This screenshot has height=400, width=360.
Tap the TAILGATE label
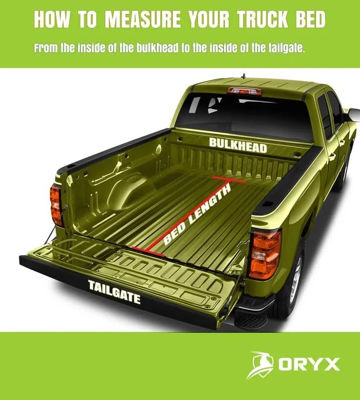click(x=114, y=292)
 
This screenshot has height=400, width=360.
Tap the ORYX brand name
click(x=309, y=365)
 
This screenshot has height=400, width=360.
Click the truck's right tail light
click(x=265, y=254)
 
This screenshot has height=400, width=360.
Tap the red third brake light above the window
click(x=245, y=91)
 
